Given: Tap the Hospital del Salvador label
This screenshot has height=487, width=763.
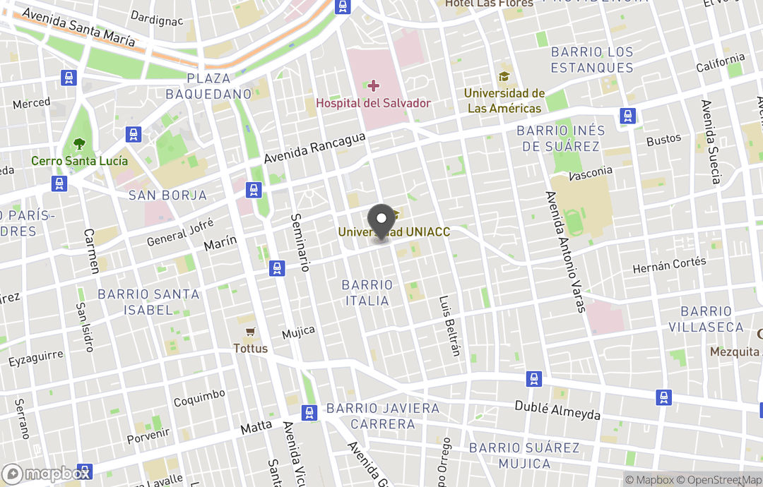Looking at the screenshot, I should tap(373, 103).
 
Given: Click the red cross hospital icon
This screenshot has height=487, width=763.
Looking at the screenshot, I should tap(373, 86).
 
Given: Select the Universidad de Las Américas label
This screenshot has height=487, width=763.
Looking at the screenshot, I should tap(504, 101).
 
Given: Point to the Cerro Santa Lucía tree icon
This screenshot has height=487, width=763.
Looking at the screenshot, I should tap(79, 144).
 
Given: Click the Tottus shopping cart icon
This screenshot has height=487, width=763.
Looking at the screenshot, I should tap(249, 332).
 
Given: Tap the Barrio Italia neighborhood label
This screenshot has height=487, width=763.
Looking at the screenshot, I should tap(366, 293).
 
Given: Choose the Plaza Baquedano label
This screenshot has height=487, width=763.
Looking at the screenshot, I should tap(208, 85).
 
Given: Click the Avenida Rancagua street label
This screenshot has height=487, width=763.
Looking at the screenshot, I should tap(315, 148).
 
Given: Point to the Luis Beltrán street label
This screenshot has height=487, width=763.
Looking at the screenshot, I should tap(450, 325).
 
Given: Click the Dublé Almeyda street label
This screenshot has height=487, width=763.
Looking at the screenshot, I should tap(557, 410).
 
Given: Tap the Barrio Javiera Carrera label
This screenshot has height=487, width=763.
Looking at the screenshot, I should tap(382, 416).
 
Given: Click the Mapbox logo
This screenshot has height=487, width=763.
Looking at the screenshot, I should tap(47, 474).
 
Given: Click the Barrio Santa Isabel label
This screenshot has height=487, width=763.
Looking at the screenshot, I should tap(148, 301).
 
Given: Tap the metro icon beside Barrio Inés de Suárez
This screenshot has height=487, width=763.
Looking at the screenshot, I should tap(627, 116).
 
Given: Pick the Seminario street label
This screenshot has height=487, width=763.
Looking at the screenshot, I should tap(300, 242).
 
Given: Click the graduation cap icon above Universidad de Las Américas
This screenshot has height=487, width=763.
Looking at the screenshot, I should tap(504, 76).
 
